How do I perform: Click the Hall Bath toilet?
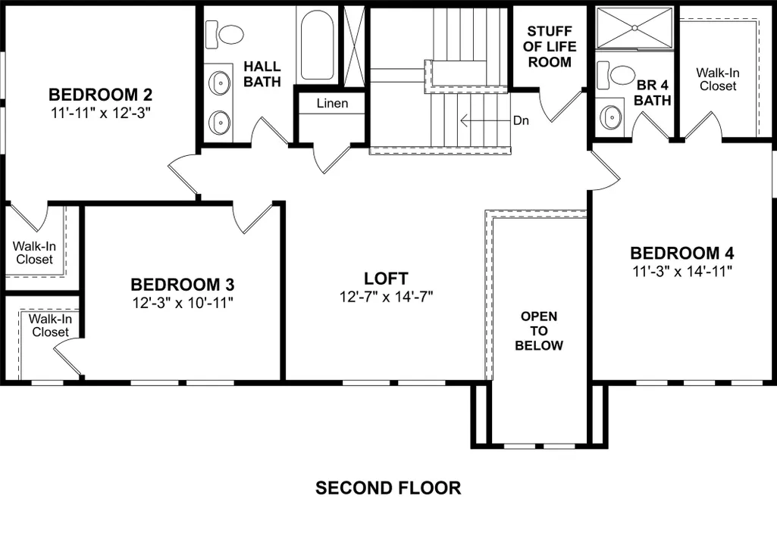tap(224, 35)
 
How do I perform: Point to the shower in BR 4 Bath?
tap(634, 28)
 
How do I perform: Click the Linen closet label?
tap(333, 104)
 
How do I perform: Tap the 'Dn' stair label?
tap(521, 120)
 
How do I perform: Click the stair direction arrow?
tap(485, 120)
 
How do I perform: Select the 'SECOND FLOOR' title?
tap(388, 488)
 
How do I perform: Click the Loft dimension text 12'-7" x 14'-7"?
tap(387, 297)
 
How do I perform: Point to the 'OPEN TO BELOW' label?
tap(539, 331)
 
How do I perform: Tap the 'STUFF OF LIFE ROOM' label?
tap(550, 46)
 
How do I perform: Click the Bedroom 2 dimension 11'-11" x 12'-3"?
tap(101, 113)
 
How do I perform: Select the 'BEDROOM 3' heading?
tap(183, 285)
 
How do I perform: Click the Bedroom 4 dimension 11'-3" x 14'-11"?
tap(682, 271)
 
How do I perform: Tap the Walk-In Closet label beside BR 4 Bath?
tap(718, 79)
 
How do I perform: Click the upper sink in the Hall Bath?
tap(218, 83)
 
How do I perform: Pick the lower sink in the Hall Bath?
tap(218, 122)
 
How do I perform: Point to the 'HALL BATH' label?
tap(262, 73)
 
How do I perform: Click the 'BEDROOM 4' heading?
tap(682, 253)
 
